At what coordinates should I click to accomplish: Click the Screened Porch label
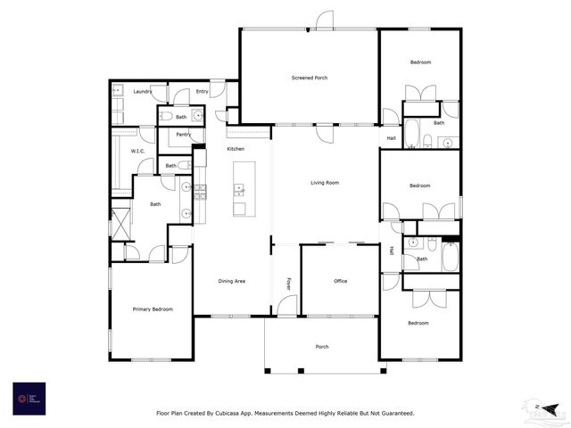pos(310,78)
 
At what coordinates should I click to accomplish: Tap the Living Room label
pos(325,183)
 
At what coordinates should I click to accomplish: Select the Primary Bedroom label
pos(153,309)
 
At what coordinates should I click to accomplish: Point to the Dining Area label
pos(232,281)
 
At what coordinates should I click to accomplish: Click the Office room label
pos(340,281)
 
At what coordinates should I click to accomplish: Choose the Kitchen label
pos(236,148)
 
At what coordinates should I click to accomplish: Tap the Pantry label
pos(184,135)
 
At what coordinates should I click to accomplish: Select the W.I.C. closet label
pos(137,151)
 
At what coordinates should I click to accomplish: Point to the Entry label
pos(203,91)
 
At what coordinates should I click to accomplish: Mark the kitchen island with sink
pos(239,188)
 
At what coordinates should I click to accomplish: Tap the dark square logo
pos(29,398)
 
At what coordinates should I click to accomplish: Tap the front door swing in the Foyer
pos(286,306)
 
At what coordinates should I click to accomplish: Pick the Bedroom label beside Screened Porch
pos(420,62)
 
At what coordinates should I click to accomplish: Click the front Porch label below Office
pos(322,346)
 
